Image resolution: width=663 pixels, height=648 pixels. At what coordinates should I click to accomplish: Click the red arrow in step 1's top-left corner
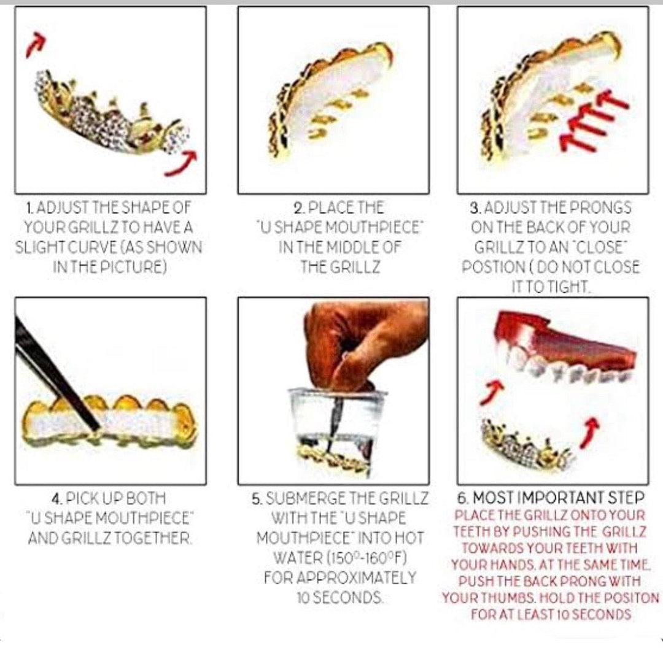pos(35,44)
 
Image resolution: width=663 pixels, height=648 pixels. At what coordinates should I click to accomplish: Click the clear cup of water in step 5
pos(337,431)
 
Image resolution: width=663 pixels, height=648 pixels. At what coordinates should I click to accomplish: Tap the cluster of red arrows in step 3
pos(594,120)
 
